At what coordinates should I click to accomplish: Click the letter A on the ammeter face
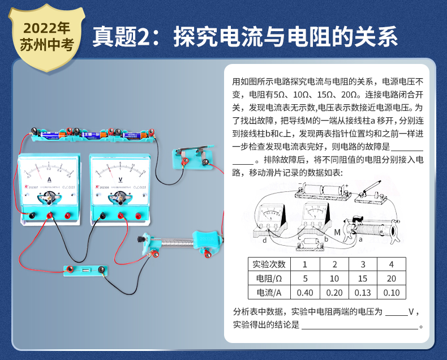coord(49,179)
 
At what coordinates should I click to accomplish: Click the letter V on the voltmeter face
coord(120,179)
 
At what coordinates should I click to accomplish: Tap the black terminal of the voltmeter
coord(102,216)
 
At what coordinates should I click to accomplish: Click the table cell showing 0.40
coord(305,293)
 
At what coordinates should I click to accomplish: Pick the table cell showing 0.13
coord(362,293)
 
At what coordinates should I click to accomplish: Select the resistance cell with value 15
coord(362,278)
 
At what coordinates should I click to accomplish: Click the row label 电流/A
coord(269,293)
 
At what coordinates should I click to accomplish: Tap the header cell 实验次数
coord(269,264)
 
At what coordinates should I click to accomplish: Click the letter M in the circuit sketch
coord(337,232)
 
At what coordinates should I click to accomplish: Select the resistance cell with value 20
coord(391,278)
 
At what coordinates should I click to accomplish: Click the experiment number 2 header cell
coord(334,264)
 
